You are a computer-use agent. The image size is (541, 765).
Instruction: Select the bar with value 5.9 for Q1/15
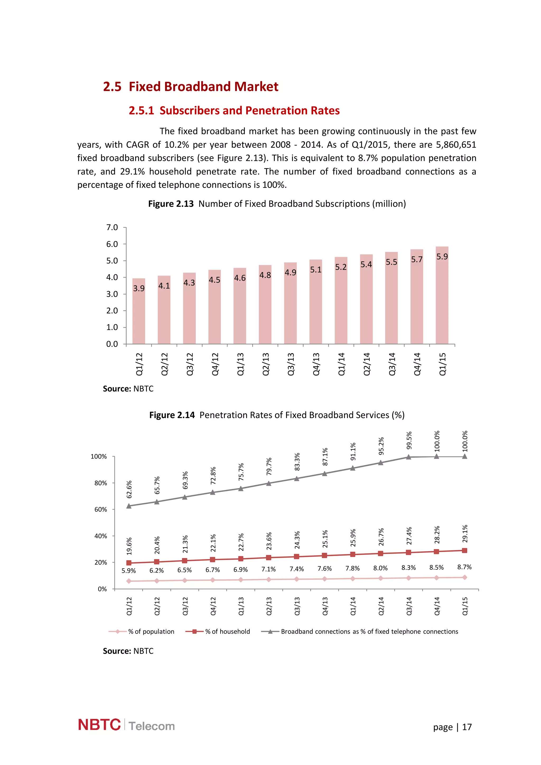coord(442,296)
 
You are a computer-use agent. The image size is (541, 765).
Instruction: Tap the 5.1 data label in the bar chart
coord(316,270)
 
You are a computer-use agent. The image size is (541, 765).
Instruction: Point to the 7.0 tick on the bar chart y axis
coord(112,228)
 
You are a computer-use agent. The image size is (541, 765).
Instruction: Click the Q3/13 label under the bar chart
coord(291,364)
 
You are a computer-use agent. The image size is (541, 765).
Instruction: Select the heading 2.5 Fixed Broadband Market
coord(190,87)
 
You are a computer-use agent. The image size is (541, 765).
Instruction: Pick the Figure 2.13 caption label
coord(171,204)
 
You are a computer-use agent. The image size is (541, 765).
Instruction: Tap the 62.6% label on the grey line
coord(129,489)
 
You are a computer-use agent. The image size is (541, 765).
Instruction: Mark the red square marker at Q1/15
coord(464,550)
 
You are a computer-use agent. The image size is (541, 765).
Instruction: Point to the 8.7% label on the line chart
coord(464,567)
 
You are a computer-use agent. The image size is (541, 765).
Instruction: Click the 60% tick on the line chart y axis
coord(101,509)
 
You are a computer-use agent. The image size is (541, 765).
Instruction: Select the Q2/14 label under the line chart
coord(381,606)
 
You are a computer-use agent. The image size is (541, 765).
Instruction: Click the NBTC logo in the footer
coord(99,725)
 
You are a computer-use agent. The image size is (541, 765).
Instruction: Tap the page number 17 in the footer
coord(467,727)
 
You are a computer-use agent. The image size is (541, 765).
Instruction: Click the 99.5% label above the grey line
coord(409,441)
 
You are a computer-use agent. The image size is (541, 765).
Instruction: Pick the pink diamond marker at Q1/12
coord(129,581)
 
